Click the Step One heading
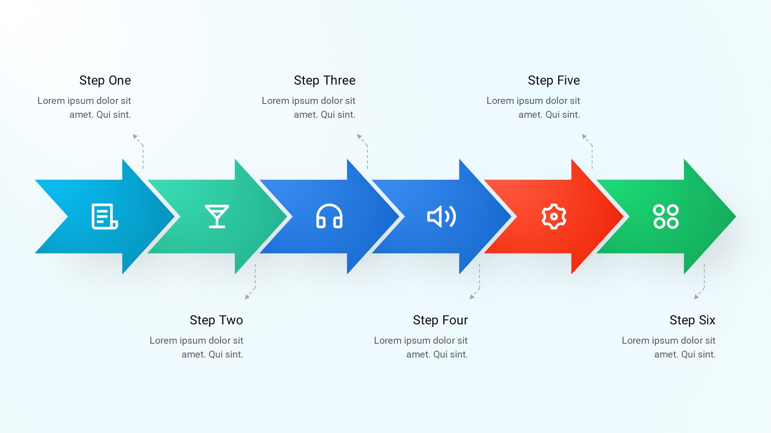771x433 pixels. [105, 80]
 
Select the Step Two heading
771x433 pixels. [216, 320]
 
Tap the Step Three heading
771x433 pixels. [325, 80]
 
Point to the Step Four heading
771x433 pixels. [440, 320]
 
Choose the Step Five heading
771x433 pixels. [554, 80]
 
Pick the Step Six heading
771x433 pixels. [692, 320]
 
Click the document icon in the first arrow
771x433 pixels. [104, 216]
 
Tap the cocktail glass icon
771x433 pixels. [217, 216]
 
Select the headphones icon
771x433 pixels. [329, 216]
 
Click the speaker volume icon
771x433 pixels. [441, 216]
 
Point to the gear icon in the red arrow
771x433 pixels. [554, 216]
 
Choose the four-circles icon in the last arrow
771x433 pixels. [666, 216]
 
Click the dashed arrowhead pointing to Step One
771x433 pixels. [135, 137]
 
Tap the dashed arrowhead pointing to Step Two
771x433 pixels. [247, 297]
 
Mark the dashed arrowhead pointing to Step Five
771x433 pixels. [584, 137]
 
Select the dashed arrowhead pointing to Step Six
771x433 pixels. [696, 297]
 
